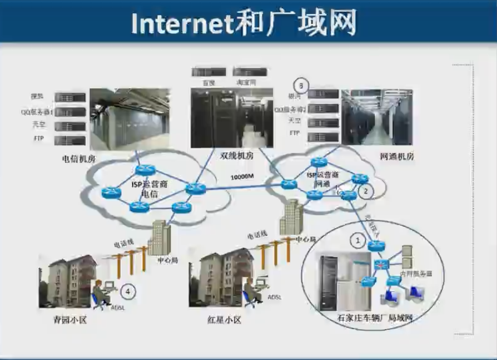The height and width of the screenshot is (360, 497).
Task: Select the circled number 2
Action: (365, 190)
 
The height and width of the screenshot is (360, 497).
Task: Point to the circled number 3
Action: (300, 83)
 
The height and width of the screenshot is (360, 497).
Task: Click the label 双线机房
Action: (237, 155)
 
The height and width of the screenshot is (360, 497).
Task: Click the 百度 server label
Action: (209, 83)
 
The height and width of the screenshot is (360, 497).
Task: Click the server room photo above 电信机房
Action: (129, 119)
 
